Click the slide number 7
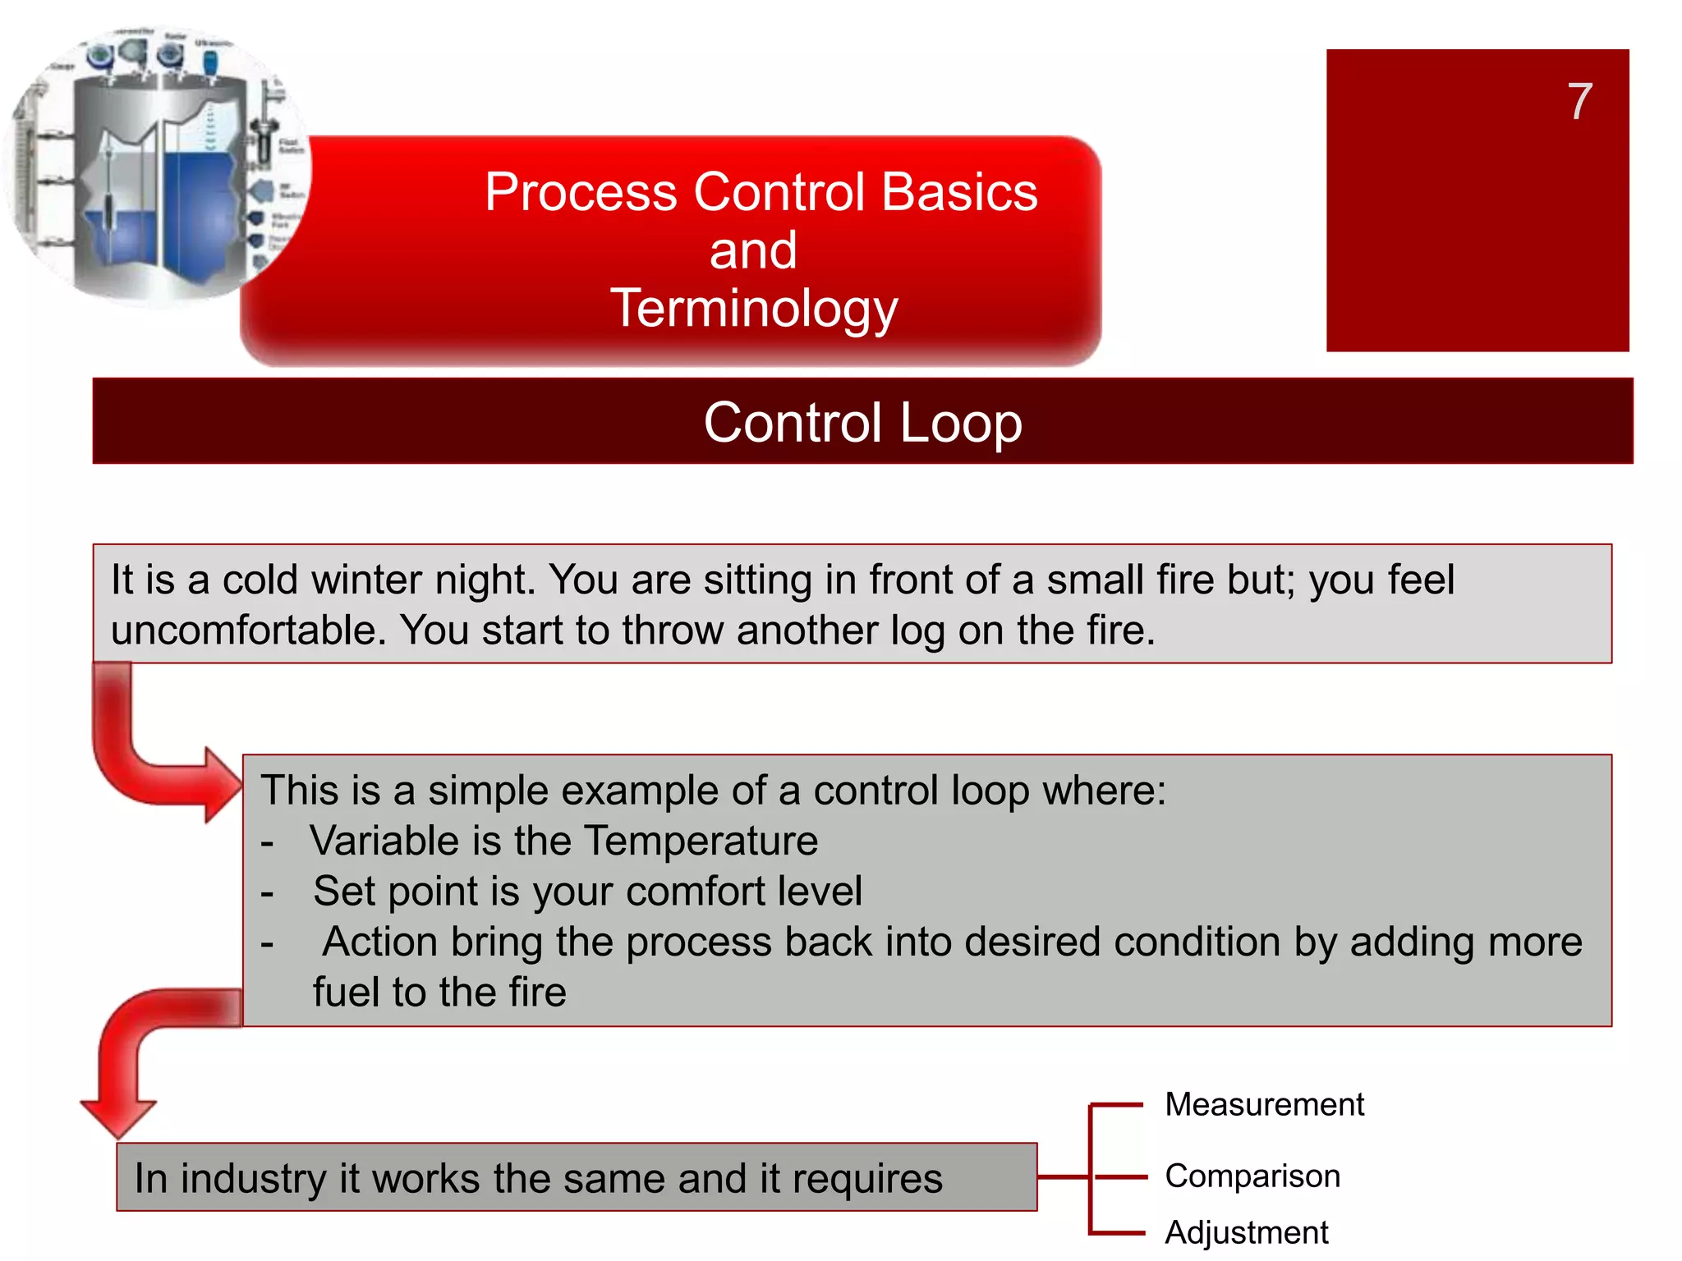click(1579, 102)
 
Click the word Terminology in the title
click(753, 309)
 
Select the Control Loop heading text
click(862, 422)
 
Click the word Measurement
click(1264, 1104)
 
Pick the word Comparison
click(1252, 1176)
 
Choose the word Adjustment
click(1246, 1232)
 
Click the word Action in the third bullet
click(379, 942)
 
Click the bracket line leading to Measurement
click(1117, 1106)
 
